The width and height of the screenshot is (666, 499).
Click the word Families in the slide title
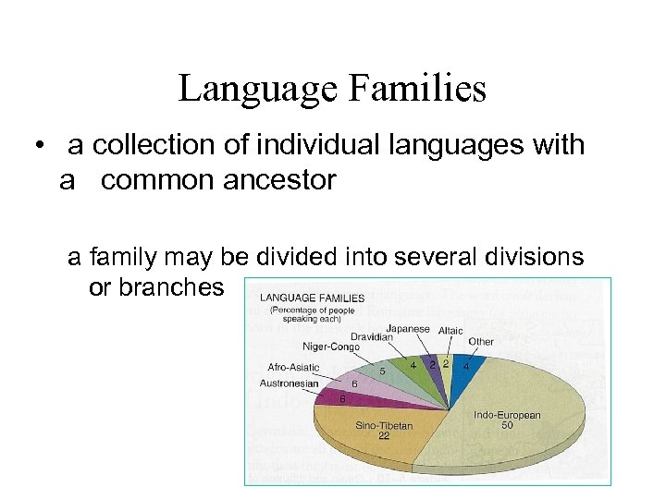pyautogui.click(x=419, y=90)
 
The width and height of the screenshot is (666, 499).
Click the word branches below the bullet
pyautogui.click(x=156, y=286)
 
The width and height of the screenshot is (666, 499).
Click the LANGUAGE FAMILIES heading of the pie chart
pyautogui.click(x=312, y=298)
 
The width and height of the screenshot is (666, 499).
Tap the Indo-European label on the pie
pyautogui.click(x=507, y=415)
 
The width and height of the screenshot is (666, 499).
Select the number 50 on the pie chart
pyautogui.click(x=507, y=425)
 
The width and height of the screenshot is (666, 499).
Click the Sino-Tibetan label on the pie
pyautogui.click(x=384, y=426)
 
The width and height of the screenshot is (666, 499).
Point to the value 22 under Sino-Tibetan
pyautogui.click(x=384, y=436)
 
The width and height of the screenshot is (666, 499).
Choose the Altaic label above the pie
pyautogui.click(x=450, y=331)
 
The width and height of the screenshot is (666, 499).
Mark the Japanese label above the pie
pyautogui.click(x=407, y=328)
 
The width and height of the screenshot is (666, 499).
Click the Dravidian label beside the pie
pyautogui.click(x=371, y=337)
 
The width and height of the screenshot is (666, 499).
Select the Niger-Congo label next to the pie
pyautogui.click(x=330, y=347)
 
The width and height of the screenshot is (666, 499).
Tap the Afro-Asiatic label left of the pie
pyautogui.click(x=294, y=367)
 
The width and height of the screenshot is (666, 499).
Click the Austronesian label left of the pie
pyautogui.click(x=289, y=383)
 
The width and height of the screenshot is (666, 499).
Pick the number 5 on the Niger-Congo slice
pyautogui.click(x=382, y=371)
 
